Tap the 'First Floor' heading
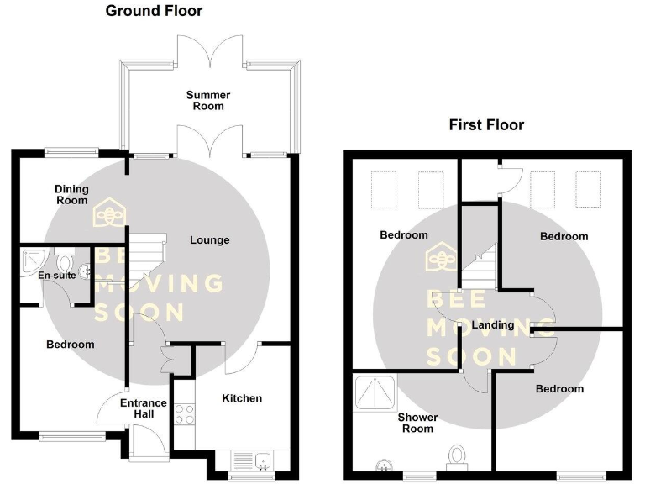pos(486,125)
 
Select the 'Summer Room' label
pos(207,101)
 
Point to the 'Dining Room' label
pos(71,195)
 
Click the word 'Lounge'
pos(209,240)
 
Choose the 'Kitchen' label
pos(242,398)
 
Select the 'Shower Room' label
pos(417,423)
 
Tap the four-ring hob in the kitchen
pos(184,413)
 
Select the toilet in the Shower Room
pos(458,455)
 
